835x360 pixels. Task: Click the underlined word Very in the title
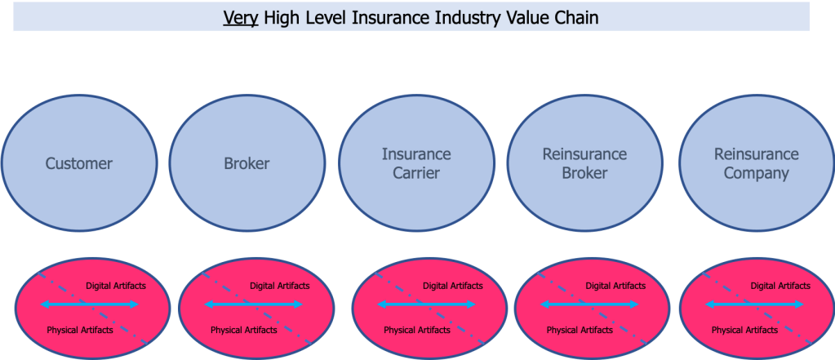[241, 17]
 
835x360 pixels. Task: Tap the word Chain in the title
[574, 17]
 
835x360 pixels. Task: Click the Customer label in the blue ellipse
[79, 163]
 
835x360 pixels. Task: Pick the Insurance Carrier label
[416, 163]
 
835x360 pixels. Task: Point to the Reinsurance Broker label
[584, 163]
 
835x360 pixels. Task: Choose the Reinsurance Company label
[756, 163]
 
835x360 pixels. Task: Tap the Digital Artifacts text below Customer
[116, 286]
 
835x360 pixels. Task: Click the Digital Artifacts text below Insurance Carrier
[453, 286]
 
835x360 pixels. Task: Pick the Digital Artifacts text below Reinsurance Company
[780, 286]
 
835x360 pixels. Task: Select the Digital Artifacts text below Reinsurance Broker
[615, 286]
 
